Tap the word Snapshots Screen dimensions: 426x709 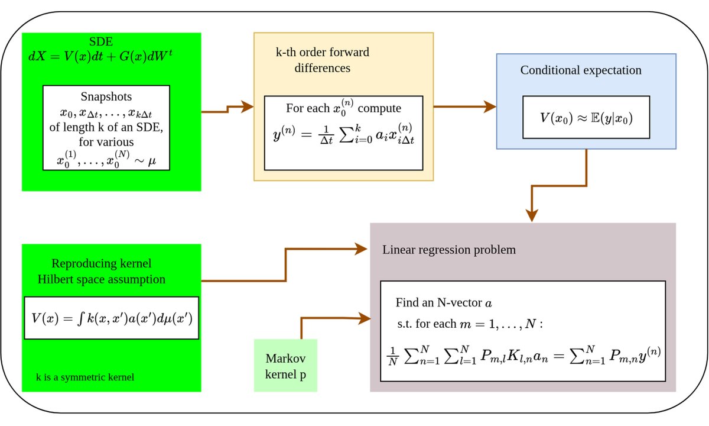point(106,96)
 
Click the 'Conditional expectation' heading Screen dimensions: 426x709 point(580,70)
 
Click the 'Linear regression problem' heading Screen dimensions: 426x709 point(449,250)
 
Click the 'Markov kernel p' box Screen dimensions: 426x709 point(285,364)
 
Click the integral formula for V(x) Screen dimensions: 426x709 point(111,317)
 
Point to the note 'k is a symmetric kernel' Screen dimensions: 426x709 point(85,376)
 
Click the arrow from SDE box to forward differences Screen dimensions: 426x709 point(227,109)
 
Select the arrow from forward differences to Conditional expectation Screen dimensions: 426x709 point(464,107)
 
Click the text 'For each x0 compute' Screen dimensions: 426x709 point(343,108)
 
